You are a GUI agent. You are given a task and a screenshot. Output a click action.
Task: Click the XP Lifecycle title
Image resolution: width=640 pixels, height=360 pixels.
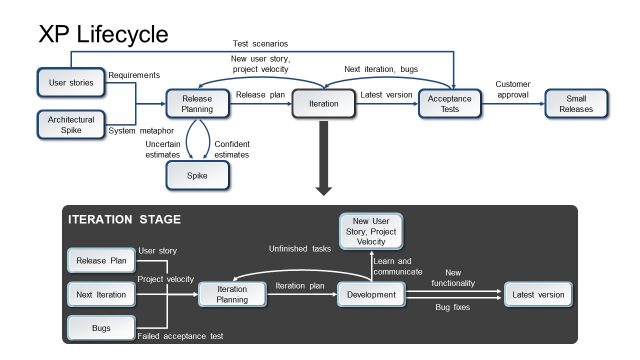(103, 35)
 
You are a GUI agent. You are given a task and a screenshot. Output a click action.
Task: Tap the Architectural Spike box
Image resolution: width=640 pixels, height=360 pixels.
(71, 125)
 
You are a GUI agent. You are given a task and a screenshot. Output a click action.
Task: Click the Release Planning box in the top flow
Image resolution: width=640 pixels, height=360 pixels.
(196, 105)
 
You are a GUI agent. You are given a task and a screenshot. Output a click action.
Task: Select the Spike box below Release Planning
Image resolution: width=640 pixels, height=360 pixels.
(197, 176)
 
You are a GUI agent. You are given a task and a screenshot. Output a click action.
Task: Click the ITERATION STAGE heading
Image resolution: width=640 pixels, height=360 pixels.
(124, 219)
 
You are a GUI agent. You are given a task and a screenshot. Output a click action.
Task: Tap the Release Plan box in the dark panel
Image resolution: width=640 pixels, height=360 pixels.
(100, 261)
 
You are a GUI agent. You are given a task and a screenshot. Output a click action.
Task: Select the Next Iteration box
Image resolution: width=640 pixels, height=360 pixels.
(100, 294)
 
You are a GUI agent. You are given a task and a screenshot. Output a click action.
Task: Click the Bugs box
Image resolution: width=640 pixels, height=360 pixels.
(100, 327)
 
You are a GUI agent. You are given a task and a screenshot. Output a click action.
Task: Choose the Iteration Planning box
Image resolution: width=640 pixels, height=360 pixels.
(234, 294)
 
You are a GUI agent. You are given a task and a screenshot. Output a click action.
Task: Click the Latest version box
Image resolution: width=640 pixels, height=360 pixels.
(538, 294)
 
